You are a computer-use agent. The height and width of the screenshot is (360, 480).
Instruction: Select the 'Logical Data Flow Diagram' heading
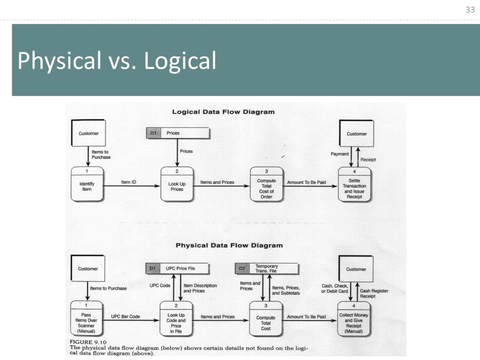pos(223,112)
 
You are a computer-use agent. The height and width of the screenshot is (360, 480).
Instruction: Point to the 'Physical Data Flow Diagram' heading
pos(229,245)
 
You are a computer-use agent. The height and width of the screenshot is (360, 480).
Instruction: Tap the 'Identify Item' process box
pos(87,186)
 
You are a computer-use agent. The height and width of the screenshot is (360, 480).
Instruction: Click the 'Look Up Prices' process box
pos(176,186)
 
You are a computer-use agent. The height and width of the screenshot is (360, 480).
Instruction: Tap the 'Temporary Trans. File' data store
pos(266,269)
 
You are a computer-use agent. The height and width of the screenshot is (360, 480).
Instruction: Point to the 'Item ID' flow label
pos(128,182)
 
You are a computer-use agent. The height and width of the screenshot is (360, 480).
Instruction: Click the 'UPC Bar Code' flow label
pos(125,317)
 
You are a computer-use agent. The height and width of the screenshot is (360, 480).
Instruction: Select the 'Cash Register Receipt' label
pos(374,293)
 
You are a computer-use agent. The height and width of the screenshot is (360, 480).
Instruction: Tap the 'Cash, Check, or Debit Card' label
pos(335,289)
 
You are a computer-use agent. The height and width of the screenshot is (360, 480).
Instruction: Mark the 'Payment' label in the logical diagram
pos(340,154)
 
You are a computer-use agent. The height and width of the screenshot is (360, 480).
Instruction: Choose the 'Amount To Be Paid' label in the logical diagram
pos(306,182)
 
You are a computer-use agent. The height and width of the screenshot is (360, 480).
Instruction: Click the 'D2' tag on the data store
pos(242,269)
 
